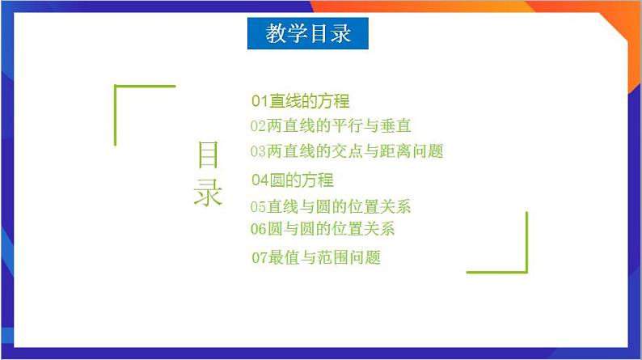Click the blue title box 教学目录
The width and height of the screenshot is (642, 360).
click(308, 34)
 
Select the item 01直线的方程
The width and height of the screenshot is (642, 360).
click(300, 101)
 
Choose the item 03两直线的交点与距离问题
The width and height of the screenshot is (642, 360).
click(347, 150)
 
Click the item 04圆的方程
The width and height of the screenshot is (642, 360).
click(292, 180)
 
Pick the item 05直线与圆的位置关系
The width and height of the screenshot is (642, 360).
click(331, 206)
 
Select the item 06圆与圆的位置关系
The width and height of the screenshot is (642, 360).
click(323, 228)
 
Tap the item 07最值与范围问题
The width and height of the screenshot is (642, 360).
click(315, 258)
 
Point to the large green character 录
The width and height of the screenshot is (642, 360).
click(208, 192)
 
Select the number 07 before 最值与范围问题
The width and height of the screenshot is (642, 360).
click(260, 258)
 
